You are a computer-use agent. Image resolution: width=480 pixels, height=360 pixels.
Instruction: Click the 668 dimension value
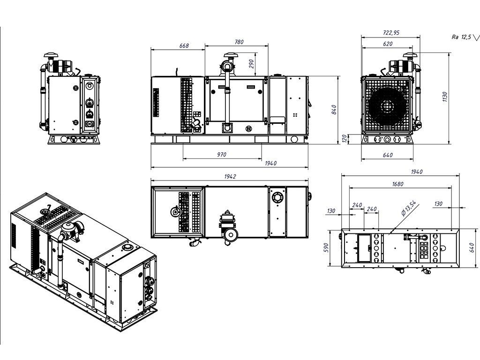(184, 45)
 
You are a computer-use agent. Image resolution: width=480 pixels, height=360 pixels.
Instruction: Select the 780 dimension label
(239, 42)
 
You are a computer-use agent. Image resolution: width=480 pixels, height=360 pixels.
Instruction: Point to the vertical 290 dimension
(252, 63)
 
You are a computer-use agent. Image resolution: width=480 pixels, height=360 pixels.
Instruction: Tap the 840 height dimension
(333, 109)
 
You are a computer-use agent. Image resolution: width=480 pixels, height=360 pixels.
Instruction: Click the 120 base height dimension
(345, 138)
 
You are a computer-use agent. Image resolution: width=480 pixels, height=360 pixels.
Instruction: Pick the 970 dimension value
(222, 154)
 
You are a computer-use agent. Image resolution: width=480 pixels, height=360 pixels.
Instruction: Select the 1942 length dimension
(230, 176)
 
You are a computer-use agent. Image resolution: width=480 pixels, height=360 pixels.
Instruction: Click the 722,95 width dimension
(390, 33)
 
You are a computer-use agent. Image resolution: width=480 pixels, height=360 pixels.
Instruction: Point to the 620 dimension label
(387, 43)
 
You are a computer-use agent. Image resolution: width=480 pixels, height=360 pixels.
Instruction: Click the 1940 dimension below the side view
(270, 163)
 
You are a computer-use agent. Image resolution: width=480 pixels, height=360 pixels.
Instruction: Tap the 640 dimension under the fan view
(387, 154)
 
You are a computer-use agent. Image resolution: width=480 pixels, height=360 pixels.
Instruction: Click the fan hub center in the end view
(387, 106)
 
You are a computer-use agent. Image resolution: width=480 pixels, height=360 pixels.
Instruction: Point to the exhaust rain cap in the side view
(229, 55)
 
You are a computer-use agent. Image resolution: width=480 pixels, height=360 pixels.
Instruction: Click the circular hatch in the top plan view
(277, 197)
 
